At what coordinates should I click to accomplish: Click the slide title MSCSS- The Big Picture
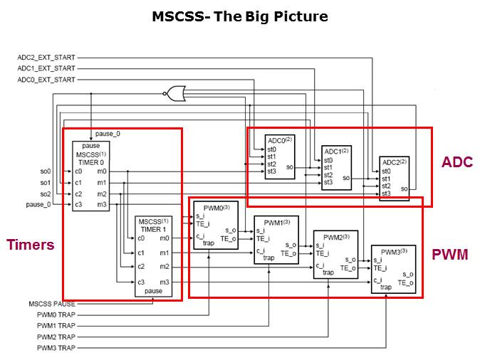[239, 16]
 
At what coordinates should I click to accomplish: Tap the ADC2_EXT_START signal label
[46, 57]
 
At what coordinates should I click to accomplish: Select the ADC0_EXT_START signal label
[46, 79]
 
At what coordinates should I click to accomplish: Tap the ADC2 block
[395, 177]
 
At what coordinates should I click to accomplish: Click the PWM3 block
[394, 269]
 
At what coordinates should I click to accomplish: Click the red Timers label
[30, 245]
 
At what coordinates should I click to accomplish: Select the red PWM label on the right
[450, 254]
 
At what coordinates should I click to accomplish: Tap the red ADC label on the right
[456, 162]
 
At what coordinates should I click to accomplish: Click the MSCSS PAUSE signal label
[52, 304]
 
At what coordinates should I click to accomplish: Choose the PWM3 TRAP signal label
[56, 347]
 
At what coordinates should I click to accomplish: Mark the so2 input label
[46, 194]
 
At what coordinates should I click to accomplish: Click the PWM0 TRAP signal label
[56, 314]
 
